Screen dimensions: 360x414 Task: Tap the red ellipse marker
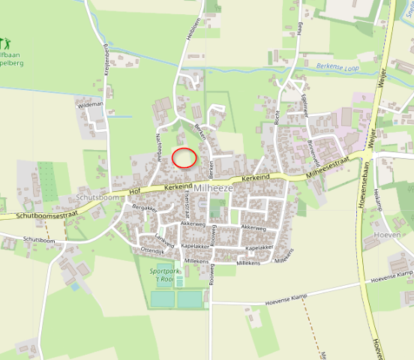click(184, 158)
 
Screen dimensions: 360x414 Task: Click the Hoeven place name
click(393, 234)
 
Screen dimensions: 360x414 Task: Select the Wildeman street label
click(91, 105)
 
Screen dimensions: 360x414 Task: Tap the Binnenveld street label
click(316, 152)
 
